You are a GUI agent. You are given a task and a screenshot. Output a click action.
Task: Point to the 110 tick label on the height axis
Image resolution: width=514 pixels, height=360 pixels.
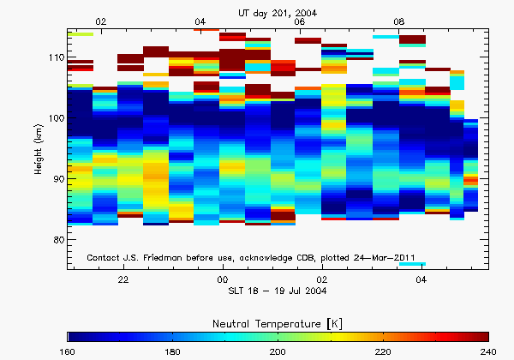pyautogui.click(x=57, y=57)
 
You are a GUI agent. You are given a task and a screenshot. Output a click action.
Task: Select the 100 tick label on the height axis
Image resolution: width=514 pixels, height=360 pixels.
pyautogui.click(x=57, y=118)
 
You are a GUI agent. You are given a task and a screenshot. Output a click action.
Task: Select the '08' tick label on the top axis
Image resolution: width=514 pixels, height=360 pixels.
pyautogui.click(x=398, y=21)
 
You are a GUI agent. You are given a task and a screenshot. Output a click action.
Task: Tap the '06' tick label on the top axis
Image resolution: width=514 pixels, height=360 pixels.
pyautogui.click(x=299, y=21)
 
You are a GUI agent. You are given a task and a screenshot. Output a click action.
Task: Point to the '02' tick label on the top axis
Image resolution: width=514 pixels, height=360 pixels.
pyautogui.click(x=101, y=21)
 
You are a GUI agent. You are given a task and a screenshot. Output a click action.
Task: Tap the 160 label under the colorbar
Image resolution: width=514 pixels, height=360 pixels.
pyautogui.click(x=69, y=351)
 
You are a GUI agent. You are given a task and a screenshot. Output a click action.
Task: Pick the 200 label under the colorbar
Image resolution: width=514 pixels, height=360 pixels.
pyautogui.click(x=278, y=351)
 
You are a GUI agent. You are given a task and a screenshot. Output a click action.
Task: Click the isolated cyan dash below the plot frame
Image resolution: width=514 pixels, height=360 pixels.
pyautogui.click(x=412, y=264)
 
